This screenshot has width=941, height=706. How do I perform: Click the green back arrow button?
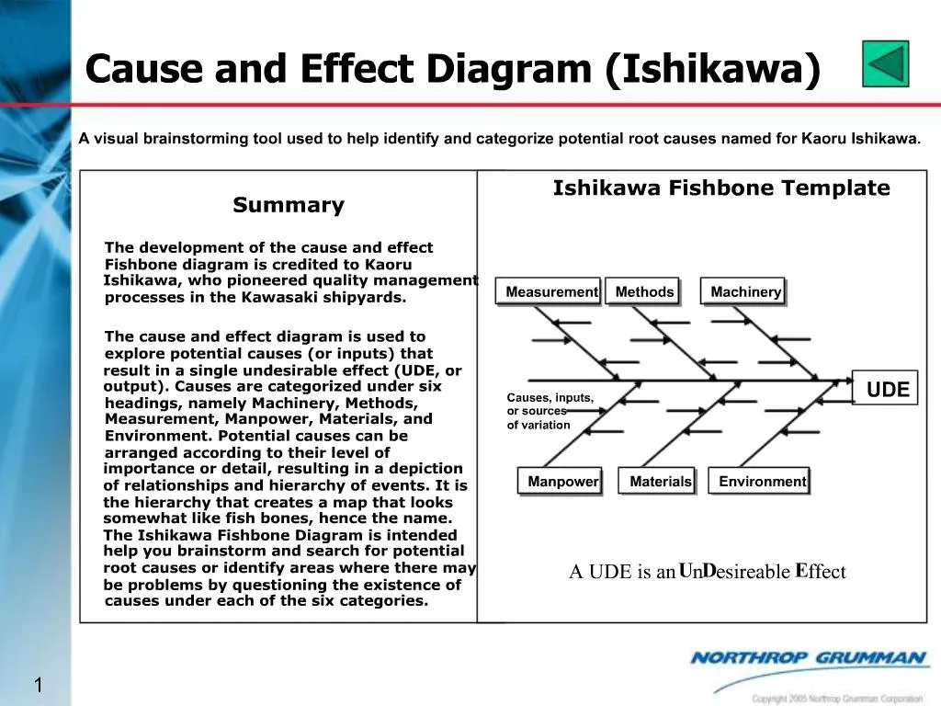point(886,63)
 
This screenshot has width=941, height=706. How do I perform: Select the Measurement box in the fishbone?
point(551,292)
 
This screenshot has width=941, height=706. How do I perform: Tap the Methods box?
point(645,292)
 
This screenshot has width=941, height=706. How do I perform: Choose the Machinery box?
point(745,292)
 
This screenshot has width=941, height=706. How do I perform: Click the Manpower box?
point(562,482)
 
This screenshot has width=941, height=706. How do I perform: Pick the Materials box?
point(660,482)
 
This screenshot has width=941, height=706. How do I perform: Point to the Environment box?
point(762,482)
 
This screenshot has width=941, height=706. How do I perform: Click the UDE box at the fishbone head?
point(887,390)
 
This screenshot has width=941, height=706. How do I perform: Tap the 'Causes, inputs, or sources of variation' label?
point(550,411)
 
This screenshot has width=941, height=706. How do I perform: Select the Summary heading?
point(289,205)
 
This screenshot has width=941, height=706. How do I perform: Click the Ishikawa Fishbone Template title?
point(721,188)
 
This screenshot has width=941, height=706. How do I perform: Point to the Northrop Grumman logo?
point(809,658)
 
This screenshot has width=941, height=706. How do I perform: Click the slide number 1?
point(40,685)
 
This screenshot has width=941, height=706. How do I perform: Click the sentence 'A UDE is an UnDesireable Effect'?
point(707,572)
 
